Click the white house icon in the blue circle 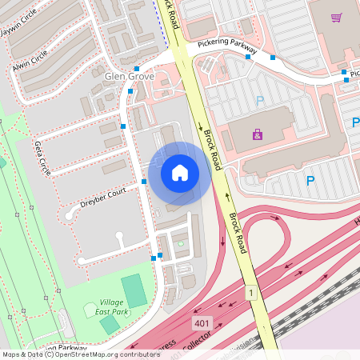point(180,172)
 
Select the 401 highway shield point(202,322)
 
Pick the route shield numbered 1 point(250,294)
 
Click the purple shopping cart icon point(337,18)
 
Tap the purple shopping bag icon point(257,134)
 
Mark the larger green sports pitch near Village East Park point(134,290)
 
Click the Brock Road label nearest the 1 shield point(237,234)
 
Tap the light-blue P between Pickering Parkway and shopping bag point(259,101)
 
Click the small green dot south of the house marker point(181,243)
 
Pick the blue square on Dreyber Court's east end point(144,182)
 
